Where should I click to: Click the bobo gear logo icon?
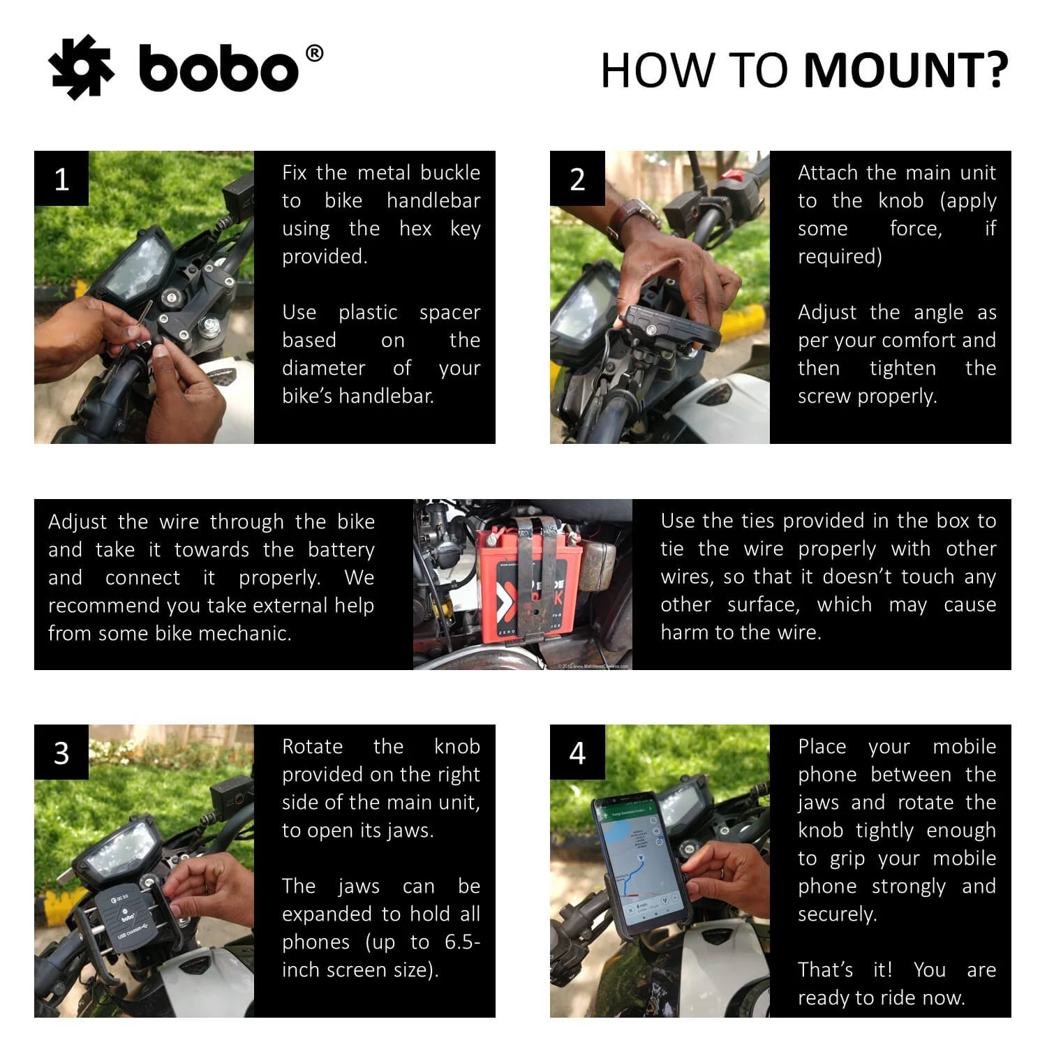[x=81, y=68]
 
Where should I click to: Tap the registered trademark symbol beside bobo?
[x=315, y=54]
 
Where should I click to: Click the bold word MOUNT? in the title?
[x=905, y=70]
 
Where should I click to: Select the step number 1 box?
[x=61, y=179]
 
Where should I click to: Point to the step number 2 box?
[x=577, y=179]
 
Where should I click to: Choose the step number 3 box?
[x=61, y=752]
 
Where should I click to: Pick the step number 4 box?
[x=577, y=752]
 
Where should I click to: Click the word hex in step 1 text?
[x=415, y=228]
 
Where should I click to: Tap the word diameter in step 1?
[x=323, y=368]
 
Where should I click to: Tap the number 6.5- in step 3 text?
[x=462, y=942]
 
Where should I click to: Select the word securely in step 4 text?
[x=837, y=914]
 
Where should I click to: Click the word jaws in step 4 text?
[x=817, y=803]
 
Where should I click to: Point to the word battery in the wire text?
[x=341, y=550]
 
